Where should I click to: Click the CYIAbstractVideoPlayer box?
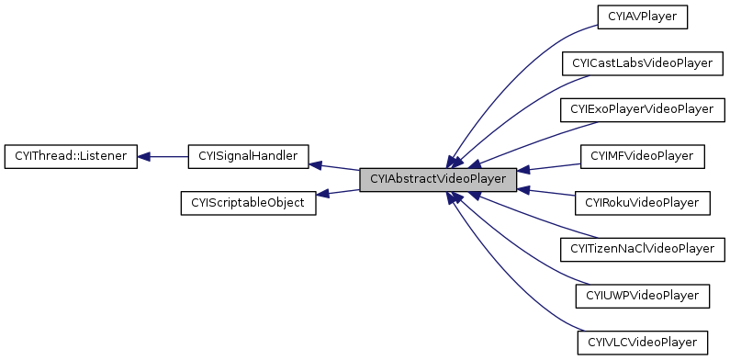(437, 178)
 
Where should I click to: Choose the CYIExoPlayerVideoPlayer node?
(642, 109)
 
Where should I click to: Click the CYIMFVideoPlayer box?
(642, 156)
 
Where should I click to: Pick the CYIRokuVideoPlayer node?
(642, 202)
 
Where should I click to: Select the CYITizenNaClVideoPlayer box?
(642, 249)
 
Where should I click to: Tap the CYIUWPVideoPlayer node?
(642, 296)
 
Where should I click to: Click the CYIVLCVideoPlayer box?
(642, 343)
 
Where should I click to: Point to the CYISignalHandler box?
(247, 156)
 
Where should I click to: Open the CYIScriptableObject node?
(247, 202)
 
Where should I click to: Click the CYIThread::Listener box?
(71, 156)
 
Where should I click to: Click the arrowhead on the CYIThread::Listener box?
(144, 156)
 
